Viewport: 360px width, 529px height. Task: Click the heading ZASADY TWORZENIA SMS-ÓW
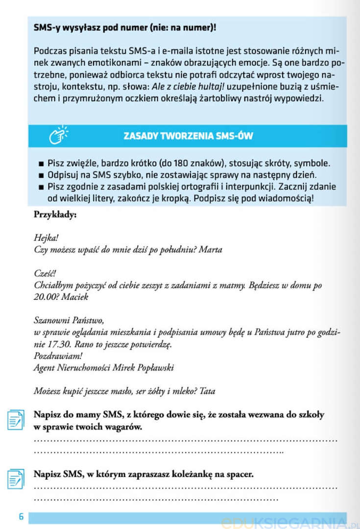coord(188,136)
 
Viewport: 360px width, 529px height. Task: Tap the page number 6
coord(21,517)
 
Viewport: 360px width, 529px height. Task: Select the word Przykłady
coord(55,214)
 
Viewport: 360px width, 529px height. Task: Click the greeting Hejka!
coord(46,238)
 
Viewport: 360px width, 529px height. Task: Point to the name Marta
coord(211,250)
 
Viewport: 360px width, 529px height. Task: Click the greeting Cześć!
coord(45,273)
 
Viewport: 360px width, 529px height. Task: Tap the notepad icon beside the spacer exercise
coord(16,479)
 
